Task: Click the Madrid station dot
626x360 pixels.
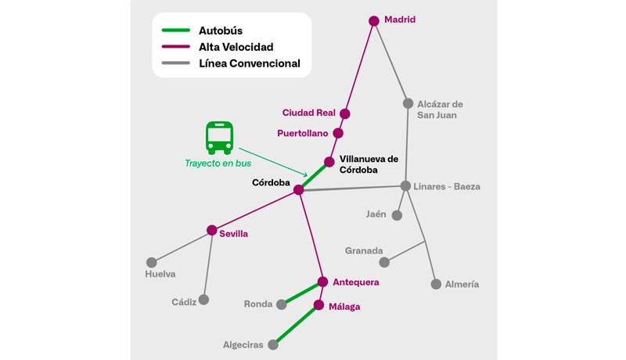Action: [x=374, y=21]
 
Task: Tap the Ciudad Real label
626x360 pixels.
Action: [x=309, y=113]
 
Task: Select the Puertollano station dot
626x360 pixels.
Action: [x=338, y=133]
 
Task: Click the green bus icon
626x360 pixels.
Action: [x=219, y=137]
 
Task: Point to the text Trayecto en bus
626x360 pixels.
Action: [x=218, y=164]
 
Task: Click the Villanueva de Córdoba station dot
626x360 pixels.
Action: [x=329, y=162]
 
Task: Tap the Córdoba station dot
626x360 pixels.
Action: [x=298, y=189]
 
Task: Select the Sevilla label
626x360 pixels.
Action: [x=234, y=234]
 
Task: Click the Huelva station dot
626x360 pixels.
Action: [x=152, y=262]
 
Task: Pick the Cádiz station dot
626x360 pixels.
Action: [x=203, y=299]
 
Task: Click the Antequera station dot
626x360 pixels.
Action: [x=322, y=282]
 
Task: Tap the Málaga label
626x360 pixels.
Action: [x=344, y=307]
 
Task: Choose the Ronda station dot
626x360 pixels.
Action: [x=285, y=304]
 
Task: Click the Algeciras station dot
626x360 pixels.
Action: [x=273, y=344]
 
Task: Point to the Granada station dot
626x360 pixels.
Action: [x=383, y=262]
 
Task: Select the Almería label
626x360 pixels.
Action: [x=461, y=284]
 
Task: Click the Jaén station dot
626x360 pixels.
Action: [x=398, y=215]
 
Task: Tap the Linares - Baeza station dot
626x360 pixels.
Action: [x=405, y=185]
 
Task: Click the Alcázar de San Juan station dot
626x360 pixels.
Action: [x=408, y=103]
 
